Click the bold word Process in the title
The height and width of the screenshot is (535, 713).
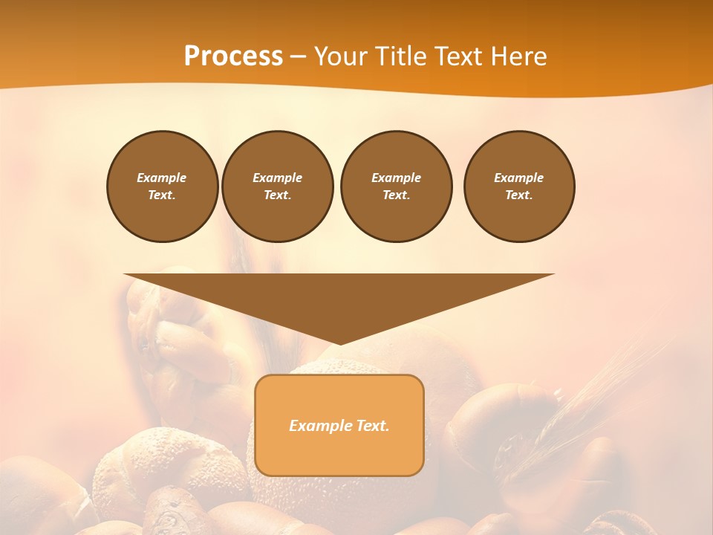click(233, 56)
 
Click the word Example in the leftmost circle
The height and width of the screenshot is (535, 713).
click(162, 178)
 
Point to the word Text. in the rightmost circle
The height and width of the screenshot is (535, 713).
click(519, 195)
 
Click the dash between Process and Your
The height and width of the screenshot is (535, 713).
click(299, 56)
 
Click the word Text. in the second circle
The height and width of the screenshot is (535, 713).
click(277, 195)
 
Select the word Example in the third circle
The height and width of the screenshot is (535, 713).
click(396, 178)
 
